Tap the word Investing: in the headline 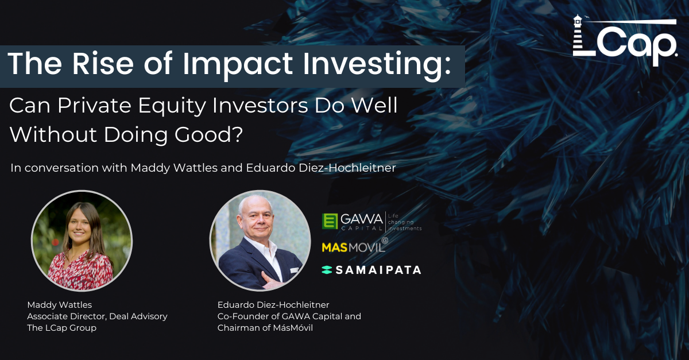[377, 65]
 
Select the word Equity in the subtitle [172, 106]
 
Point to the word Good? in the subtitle [209, 134]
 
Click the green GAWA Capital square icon [330, 221]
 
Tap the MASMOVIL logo [355, 246]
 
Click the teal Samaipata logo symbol [327, 270]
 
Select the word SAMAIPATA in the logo [378, 270]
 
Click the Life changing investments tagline [404, 222]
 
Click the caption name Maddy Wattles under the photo [59, 305]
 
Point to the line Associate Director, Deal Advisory [97, 316]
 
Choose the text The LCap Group [61, 328]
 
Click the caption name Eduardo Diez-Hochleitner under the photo [273, 305]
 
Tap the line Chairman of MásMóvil [265, 328]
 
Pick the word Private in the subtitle [94, 106]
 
